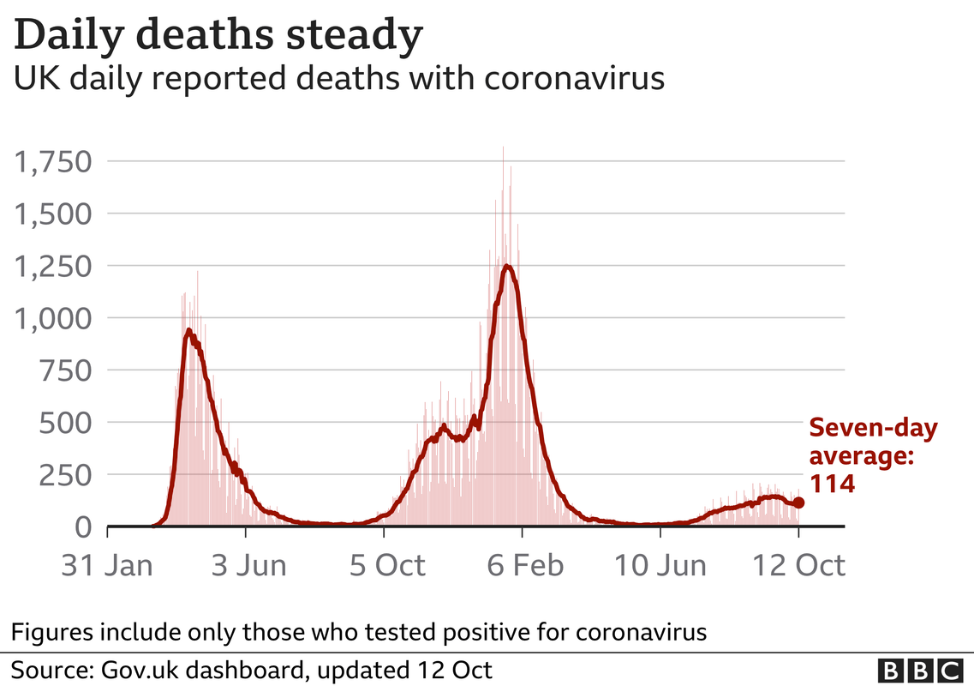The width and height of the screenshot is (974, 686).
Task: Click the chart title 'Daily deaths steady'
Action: (218, 35)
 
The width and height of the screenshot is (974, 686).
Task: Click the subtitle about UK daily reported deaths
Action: (339, 79)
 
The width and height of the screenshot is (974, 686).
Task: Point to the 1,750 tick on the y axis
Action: (53, 162)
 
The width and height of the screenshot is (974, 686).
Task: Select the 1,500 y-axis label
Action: (53, 214)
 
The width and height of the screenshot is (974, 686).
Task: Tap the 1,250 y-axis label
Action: (53, 266)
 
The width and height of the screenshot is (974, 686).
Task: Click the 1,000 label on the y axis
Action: (53, 318)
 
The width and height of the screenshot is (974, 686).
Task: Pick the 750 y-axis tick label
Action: (65, 370)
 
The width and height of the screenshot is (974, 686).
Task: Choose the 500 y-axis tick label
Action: (65, 423)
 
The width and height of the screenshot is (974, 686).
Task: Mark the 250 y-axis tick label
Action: (65, 475)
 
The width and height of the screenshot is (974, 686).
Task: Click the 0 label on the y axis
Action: (83, 527)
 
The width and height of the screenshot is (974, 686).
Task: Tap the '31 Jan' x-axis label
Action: (107, 565)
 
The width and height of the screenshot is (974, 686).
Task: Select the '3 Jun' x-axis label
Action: (248, 565)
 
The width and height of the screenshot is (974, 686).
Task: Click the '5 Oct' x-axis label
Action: (387, 565)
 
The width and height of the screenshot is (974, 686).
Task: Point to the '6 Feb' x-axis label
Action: (525, 565)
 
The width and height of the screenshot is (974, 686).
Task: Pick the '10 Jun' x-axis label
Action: (660, 565)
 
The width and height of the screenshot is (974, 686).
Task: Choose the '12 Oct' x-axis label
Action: (799, 565)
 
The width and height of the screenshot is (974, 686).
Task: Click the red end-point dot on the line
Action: (799, 502)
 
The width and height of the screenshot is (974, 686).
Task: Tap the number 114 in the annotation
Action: (833, 484)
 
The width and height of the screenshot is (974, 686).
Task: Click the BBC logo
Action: (920, 671)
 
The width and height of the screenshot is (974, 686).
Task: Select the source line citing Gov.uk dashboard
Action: (252, 670)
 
